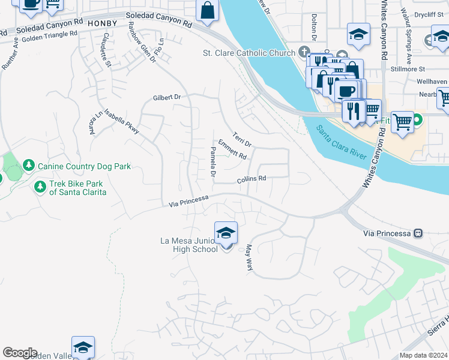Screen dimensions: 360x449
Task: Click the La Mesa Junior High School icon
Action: (226, 233)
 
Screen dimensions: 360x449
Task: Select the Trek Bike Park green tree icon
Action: (40, 187)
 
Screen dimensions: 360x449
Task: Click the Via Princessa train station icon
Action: (419, 233)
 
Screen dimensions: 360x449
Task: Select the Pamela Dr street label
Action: (212, 161)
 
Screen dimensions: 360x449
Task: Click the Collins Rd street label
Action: (251, 179)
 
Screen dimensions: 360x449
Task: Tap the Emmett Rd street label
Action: (232, 150)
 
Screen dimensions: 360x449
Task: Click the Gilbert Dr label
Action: (167, 97)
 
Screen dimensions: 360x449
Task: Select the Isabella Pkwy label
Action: (122, 121)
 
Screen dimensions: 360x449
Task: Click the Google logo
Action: (20, 353)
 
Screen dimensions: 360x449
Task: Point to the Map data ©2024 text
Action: (423, 355)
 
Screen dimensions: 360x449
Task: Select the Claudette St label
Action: (106, 50)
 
